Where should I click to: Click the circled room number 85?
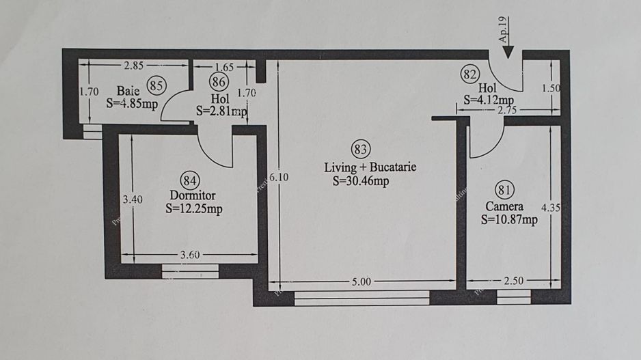point(156,85)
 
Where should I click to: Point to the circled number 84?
point(190,180)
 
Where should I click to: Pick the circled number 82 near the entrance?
point(469,74)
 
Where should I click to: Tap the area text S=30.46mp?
point(362,182)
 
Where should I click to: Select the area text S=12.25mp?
point(193,209)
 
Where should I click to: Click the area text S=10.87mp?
point(509,219)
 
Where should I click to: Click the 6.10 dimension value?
point(277,176)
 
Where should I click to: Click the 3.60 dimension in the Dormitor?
point(189,255)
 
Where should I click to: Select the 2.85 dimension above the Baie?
point(134,66)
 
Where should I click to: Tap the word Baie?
point(128,90)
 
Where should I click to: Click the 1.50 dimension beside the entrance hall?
point(551,88)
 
